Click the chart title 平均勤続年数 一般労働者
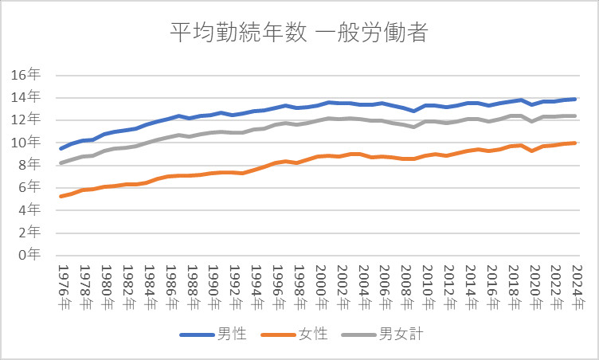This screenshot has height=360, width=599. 299,33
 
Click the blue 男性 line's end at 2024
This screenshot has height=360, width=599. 575,99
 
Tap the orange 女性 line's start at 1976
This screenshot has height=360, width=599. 61,196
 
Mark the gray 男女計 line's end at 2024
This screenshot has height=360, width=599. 575,115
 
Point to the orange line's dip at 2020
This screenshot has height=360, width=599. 532,151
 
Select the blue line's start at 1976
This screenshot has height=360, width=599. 61,148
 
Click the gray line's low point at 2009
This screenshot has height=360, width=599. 414,127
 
